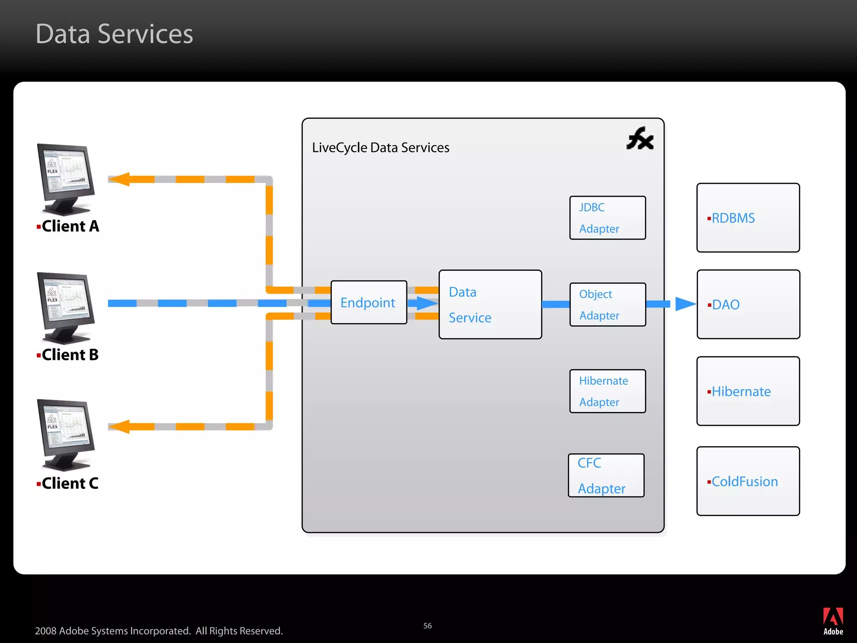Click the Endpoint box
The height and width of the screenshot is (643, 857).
[x=368, y=302]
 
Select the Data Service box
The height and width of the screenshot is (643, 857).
[x=490, y=304]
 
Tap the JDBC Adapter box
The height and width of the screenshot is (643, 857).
[x=607, y=218]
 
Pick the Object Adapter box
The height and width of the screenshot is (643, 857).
[x=607, y=304]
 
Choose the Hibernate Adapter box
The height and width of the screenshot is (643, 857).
[x=607, y=391]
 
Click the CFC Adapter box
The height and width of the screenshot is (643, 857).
[x=606, y=476]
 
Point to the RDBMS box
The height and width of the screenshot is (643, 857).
[x=748, y=218]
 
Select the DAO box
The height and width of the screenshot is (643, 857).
[x=748, y=304]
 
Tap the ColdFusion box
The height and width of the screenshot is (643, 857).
[x=748, y=481]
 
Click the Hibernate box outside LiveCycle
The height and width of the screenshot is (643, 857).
[x=748, y=391]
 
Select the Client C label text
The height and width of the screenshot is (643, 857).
[x=70, y=484]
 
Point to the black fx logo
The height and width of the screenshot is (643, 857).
[x=640, y=139]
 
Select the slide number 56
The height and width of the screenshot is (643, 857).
[x=427, y=626]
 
